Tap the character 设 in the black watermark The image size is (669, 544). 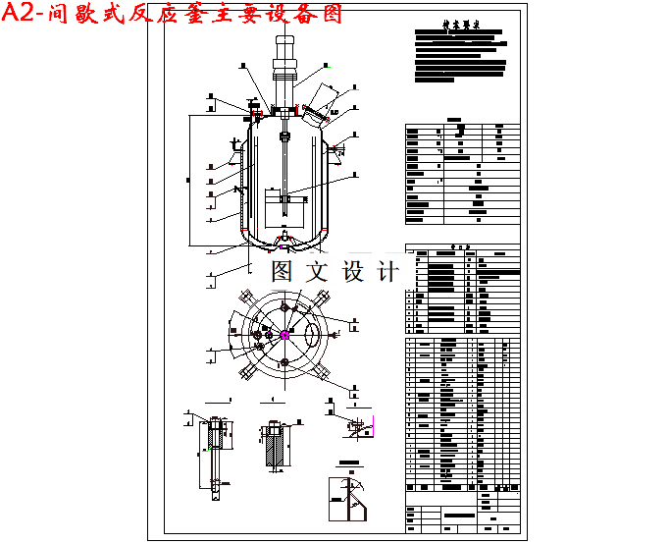pyautogui.click(x=353, y=271)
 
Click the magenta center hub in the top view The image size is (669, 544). pyautogui.click(x=284, y=335)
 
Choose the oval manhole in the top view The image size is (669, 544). pyautogui.click(x=313, y=335)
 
